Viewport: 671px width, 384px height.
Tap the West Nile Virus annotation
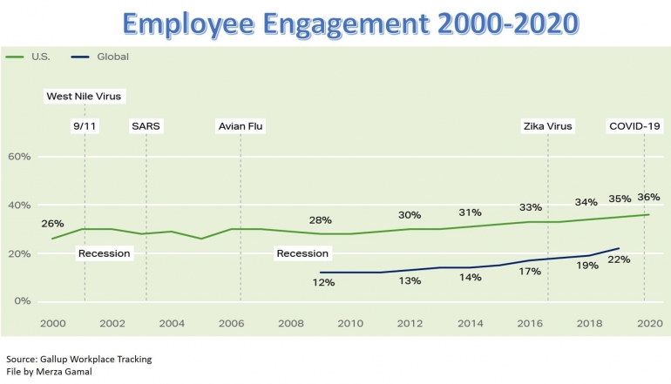pyautogui.click(x=84, y=96)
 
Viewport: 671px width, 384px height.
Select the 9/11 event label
pyautogui.click(x=85, y=126)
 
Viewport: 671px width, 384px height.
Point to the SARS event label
pyautogui.click(x=146, y=126)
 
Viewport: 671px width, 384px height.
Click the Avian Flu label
pyautogui.click(x=241, y=126)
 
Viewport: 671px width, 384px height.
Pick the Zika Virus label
pyautogui.click(x=547, y=126)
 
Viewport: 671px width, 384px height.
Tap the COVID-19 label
pyautogui.click(x=634, y=126)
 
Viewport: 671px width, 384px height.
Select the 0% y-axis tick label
pyautogui.click(x=22, y=301)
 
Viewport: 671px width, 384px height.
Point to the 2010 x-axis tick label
pyautogui.click(x=350, y=323)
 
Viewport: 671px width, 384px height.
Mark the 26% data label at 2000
pyautogui.click(x=52, y=223)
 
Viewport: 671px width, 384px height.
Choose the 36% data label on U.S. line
pyautogui.click(x=648, y=197)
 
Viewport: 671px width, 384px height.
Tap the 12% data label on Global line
pyautogui.click(x=324, y=282)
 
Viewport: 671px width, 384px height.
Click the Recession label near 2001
pyautogui.click(x=104, y=253)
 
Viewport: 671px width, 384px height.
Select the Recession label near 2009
pyautogui.click(x=302, y=253)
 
